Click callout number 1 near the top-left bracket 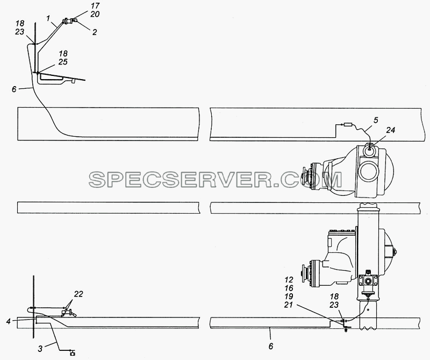(48, 19)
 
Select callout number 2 (95, 32)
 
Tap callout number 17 (95, 6)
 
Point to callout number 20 (95, 14)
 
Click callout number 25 (63, 62)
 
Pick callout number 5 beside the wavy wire (376, 120)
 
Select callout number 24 (391, 130)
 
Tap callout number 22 (78, 294)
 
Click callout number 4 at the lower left (9, 321)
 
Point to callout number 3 (40, 349)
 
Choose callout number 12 (289, 280)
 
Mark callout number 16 (289, 288)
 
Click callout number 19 (289, 297)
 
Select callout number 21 (289, 305)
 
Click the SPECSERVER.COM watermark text (216, 180)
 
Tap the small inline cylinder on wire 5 (348, 125)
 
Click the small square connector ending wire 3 (73, 354)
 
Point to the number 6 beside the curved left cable (14, 89)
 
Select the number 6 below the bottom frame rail (271, 346)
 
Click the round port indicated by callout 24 (369, 149)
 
